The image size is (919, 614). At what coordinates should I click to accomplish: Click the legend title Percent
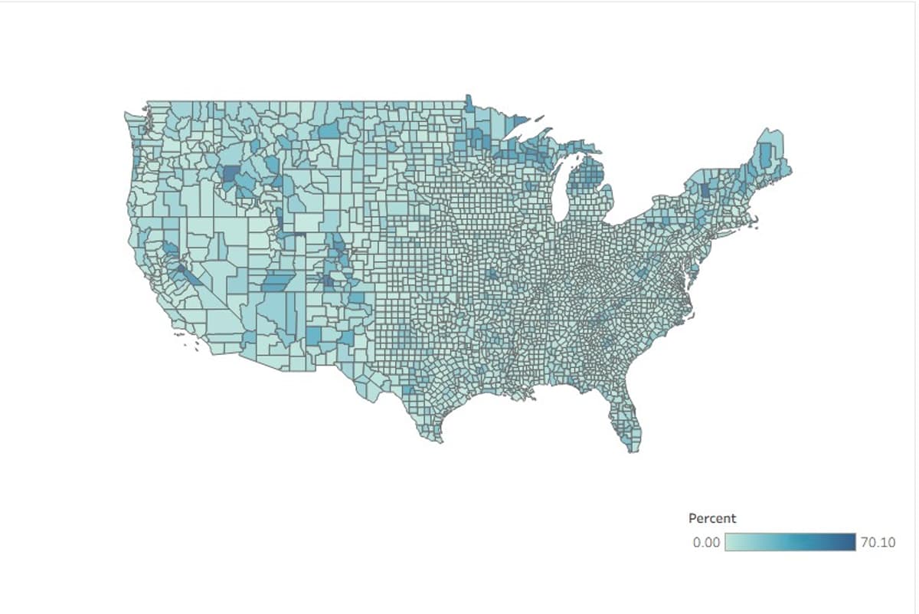tap(711, 519)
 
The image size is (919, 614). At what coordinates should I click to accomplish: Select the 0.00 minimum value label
tap(706, 543)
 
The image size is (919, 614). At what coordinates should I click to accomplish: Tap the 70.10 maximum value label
tap(877, 543)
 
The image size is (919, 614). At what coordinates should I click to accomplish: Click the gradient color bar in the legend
tap(790, 542)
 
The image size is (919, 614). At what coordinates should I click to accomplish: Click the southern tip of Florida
tap(632, 449)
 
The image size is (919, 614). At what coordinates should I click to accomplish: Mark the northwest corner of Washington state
tap(127, 115)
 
